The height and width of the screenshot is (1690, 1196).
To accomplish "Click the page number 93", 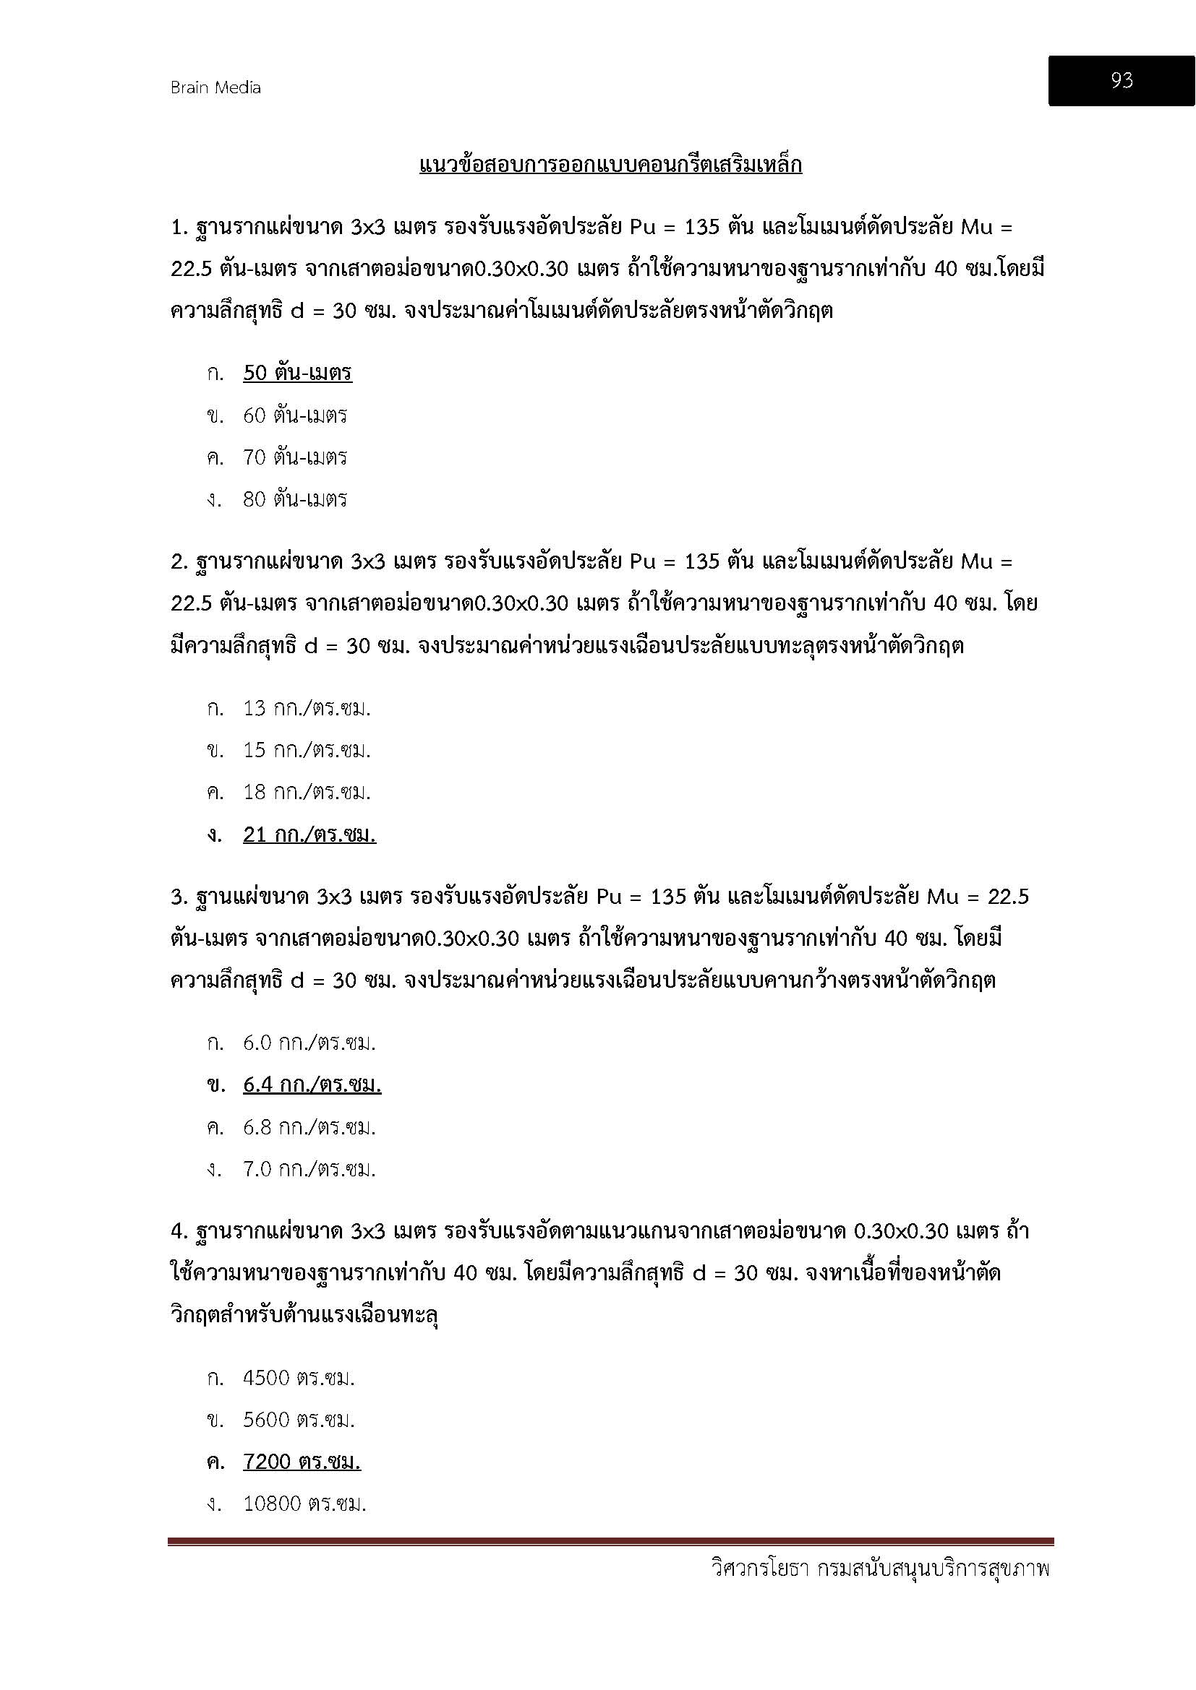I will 1121,80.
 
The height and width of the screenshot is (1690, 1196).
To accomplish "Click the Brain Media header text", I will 215,87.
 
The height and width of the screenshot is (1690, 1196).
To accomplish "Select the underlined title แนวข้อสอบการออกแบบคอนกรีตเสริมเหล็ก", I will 610,164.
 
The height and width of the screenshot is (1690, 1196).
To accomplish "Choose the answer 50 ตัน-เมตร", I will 296,373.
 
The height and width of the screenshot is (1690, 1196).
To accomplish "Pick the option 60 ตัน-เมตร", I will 294,415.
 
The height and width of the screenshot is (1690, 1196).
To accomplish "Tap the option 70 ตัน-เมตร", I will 294,457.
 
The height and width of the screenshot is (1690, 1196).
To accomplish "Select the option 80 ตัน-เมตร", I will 294,499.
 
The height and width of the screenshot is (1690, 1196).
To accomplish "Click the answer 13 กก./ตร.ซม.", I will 307,708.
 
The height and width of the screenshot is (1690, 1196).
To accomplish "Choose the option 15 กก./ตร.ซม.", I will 307,750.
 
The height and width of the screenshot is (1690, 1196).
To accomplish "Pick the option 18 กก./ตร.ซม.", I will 307,792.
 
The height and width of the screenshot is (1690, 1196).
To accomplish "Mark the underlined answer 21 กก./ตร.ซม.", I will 309,835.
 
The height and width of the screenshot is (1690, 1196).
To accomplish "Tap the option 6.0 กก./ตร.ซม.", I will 309,1043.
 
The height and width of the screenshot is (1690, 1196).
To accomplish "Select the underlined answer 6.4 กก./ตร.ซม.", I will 312,1085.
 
